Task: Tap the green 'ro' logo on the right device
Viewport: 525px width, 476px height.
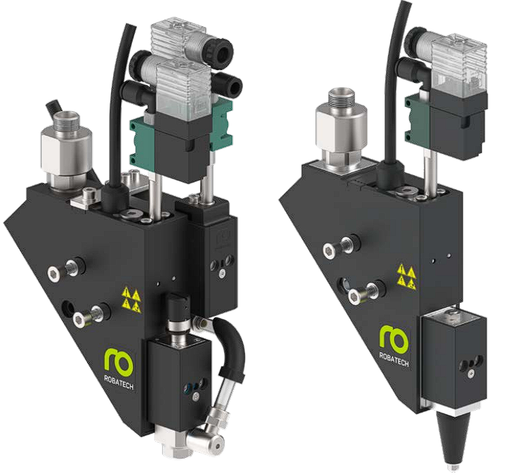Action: pos(394,337)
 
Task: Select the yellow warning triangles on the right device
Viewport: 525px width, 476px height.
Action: pos(407,276)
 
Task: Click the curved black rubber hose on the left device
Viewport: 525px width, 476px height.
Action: pos(230,348)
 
